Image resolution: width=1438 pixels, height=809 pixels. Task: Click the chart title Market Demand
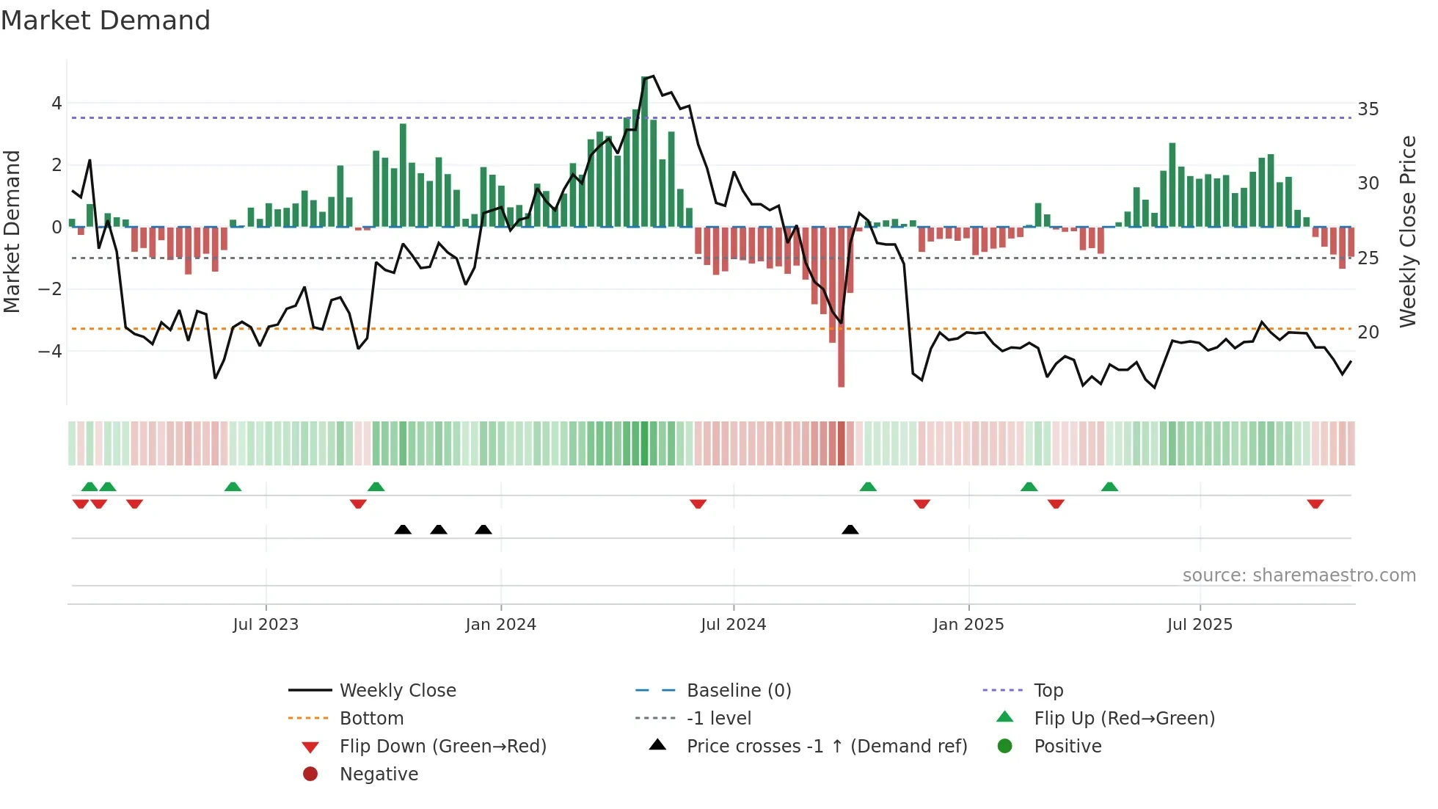click(106, 21)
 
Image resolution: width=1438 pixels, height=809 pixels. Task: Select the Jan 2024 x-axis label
click(500, 625)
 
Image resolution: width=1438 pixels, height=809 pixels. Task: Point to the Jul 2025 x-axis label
click(1200, 625)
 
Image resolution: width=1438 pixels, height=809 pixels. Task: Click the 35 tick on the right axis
click(1368, 109)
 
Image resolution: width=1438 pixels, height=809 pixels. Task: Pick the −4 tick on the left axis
click(51, 352)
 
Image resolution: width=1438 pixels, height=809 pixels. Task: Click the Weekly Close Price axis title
click(1407, 231)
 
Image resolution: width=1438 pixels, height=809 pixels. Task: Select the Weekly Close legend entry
click(397, 691)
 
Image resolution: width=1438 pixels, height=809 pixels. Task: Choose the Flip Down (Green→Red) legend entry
click(442, 747)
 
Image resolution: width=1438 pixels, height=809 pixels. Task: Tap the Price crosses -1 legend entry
click(826, 747)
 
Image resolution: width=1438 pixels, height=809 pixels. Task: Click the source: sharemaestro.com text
click(1299, 576)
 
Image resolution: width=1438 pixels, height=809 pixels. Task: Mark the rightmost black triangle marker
click(850, 529)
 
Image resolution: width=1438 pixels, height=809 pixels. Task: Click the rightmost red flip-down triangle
click(1315, 504)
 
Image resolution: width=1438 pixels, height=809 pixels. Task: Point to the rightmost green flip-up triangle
click(1109, 487)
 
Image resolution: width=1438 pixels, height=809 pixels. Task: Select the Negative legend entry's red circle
click(310, 774)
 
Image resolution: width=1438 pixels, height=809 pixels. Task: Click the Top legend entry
click(1048, 691)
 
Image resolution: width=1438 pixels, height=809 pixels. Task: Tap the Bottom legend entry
click(371, 719)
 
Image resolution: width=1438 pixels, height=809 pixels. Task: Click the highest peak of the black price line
click(653, 76)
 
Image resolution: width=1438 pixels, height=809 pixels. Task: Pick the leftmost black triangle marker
click(403, 529)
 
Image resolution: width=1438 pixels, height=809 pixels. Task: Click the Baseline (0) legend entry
click(738, 691)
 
